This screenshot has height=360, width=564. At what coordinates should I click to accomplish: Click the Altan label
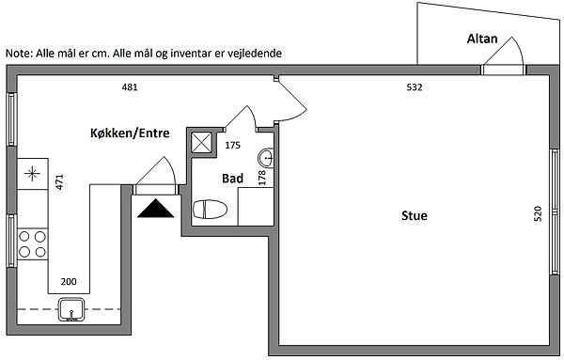click(482, 39)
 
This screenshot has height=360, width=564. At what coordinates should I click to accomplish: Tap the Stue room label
click(415, 216)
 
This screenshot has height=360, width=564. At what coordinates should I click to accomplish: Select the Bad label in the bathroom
click(232, 179)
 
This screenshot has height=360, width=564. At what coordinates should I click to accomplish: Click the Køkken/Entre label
click(130, 133)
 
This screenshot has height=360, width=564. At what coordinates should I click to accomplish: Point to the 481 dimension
click(130, 87)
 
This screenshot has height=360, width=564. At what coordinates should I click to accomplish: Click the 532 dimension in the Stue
click(415, 87)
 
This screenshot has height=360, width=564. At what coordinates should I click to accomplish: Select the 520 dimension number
click(538, 213)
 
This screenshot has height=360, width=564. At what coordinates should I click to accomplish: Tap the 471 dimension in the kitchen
click(59, 181)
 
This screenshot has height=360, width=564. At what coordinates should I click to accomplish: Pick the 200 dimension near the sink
click(69, 282)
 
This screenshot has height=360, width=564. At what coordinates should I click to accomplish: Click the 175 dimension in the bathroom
click(232, 146)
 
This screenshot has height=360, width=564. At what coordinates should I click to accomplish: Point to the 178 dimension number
click(262, 178)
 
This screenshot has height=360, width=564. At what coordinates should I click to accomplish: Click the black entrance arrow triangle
click(155, 209)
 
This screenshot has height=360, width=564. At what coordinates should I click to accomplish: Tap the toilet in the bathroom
click(210, 210)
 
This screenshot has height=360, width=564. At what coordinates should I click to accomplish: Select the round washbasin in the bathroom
click(266, 158)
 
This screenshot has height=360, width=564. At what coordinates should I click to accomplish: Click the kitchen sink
click(71, 309)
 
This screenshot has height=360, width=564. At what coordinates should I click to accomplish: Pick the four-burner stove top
click(32, 244)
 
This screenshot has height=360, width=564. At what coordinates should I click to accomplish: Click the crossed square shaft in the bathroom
click(201, 143)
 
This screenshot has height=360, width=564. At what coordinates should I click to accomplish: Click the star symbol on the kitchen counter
click(32, 174)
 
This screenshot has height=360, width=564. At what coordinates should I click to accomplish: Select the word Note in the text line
click(19, 54)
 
